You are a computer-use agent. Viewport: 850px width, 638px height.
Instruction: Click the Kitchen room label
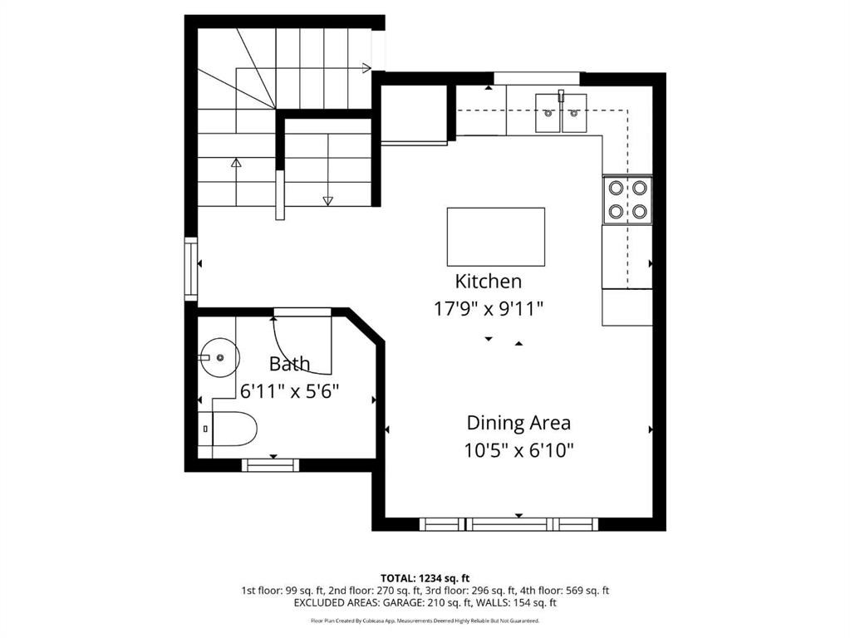point(488,281)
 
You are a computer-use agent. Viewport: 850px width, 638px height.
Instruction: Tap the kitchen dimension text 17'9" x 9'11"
point(488,308)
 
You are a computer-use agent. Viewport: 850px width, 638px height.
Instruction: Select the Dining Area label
point(518,423)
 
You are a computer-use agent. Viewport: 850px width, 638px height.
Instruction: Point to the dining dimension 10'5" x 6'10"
point(518,450)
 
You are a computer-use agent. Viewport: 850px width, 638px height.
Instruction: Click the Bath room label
point(289,364)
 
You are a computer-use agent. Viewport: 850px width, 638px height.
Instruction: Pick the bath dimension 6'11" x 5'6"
point(289,390)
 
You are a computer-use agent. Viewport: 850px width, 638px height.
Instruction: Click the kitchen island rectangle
point(496,237)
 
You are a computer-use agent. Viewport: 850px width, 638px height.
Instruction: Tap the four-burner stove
point(627,199)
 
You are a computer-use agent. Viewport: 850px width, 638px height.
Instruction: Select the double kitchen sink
point(561,113)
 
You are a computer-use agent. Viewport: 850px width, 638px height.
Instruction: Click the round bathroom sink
point(219,357)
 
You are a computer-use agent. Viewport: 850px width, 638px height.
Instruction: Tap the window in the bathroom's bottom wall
point(270,464)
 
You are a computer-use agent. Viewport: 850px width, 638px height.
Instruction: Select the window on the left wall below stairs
point(190,268)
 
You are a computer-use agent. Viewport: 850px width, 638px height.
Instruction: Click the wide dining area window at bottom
point(508,524)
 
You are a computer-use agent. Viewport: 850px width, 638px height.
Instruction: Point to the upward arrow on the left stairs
point(236,164)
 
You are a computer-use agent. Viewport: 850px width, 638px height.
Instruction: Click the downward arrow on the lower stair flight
point(327,200)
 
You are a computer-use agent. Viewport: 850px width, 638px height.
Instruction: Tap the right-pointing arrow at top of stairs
point(366,68)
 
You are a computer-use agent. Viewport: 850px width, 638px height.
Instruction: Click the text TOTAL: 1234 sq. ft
point(425,577)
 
